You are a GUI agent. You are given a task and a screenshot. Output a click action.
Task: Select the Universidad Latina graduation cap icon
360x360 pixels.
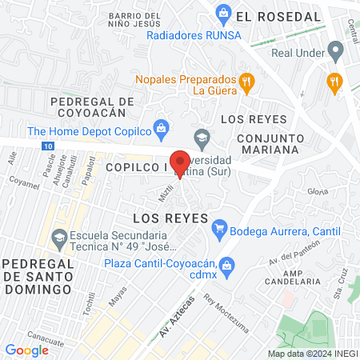[202, 137]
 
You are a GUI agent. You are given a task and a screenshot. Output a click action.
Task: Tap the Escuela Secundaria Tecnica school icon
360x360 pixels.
[58, 238]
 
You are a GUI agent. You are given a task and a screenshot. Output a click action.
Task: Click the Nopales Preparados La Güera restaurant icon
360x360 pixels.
[247, 80]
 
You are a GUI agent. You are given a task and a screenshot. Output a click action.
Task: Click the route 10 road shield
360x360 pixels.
[49, 146]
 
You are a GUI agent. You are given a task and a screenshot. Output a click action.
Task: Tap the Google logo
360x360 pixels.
[26, 350]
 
